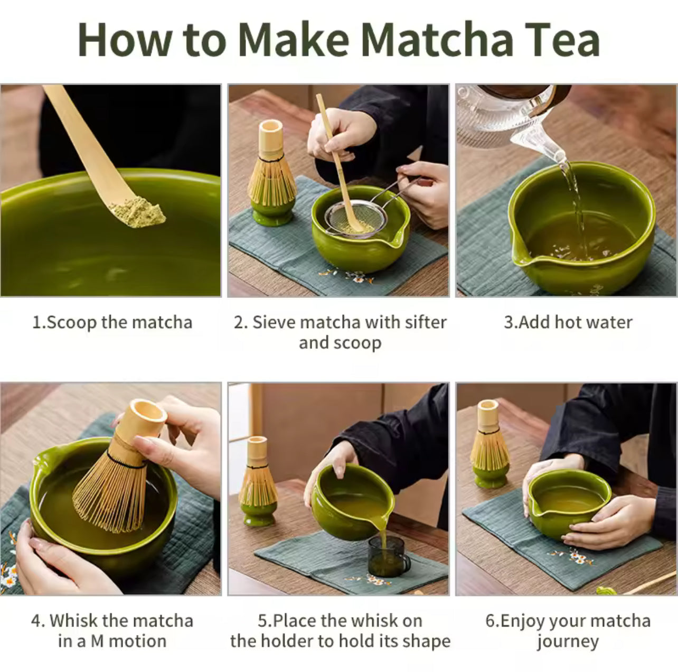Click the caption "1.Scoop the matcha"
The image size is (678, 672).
coord(112,322)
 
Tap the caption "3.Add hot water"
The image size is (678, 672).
coord(568,322)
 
